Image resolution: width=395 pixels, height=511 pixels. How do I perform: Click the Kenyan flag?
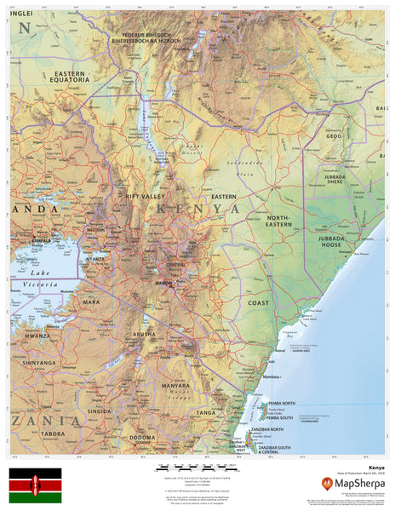point(35,485)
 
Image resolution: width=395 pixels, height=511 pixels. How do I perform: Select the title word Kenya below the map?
point(376,468)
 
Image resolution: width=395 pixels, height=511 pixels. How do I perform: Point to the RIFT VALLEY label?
point(145,198)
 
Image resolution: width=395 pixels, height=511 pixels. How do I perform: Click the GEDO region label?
point(333,135)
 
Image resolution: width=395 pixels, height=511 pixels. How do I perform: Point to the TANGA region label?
point(207,411)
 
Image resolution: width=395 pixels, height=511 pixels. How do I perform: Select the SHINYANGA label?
point(39,362)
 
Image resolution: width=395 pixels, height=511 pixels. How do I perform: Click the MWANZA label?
point(39,336)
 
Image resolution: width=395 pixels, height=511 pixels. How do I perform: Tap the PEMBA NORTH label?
point(281,402)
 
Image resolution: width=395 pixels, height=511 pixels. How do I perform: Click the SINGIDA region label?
point(100,411)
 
